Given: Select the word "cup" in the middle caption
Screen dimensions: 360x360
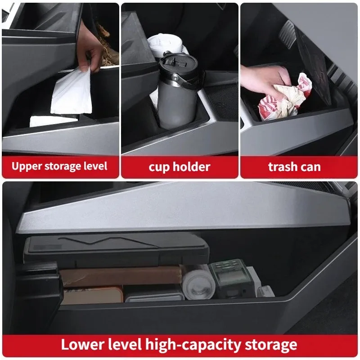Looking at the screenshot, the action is tap(159, 167).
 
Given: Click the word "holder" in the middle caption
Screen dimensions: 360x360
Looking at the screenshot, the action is tap(192, 166).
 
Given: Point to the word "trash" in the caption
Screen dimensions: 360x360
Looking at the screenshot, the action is tap(282, 166).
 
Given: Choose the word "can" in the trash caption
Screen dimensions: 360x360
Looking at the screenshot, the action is tap(310, 167).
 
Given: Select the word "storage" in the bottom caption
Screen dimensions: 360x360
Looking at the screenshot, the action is tap(271, 346).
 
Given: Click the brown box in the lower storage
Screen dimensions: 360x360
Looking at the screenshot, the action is tap(119, 277).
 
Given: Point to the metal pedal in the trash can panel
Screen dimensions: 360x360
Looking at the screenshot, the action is tap(287, 35).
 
